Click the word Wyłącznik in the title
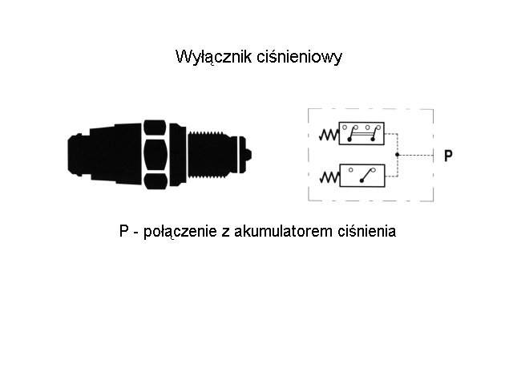point(214,57)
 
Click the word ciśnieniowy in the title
point(299,57)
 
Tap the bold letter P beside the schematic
point(448,156)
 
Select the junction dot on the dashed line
point(398,155)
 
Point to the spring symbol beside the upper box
point(329,135)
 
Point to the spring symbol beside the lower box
point(329,177)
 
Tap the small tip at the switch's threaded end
point(248,155)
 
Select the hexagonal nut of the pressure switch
point(155,155)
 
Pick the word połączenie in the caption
point(180,232)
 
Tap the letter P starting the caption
point(123,231)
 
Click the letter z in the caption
point(225,233)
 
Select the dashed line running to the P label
point(415,155)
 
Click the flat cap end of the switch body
point(79,155)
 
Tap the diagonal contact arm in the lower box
point(367,176)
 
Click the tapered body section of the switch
point(116,154)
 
